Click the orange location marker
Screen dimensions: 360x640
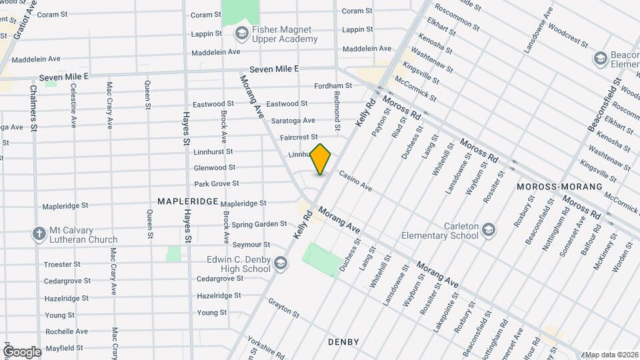[321, 159]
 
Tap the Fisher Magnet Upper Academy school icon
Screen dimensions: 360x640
[241, 33]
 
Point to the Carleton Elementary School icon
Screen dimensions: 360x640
[489, 230]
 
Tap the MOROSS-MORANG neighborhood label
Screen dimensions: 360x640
[559, 187]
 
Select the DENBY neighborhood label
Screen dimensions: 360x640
[343, 342]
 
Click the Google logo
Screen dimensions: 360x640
[21, 351]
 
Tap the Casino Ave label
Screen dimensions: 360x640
[355, 180]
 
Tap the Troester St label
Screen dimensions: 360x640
[62, 265]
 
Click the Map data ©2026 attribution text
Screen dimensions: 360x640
[612, 355]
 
